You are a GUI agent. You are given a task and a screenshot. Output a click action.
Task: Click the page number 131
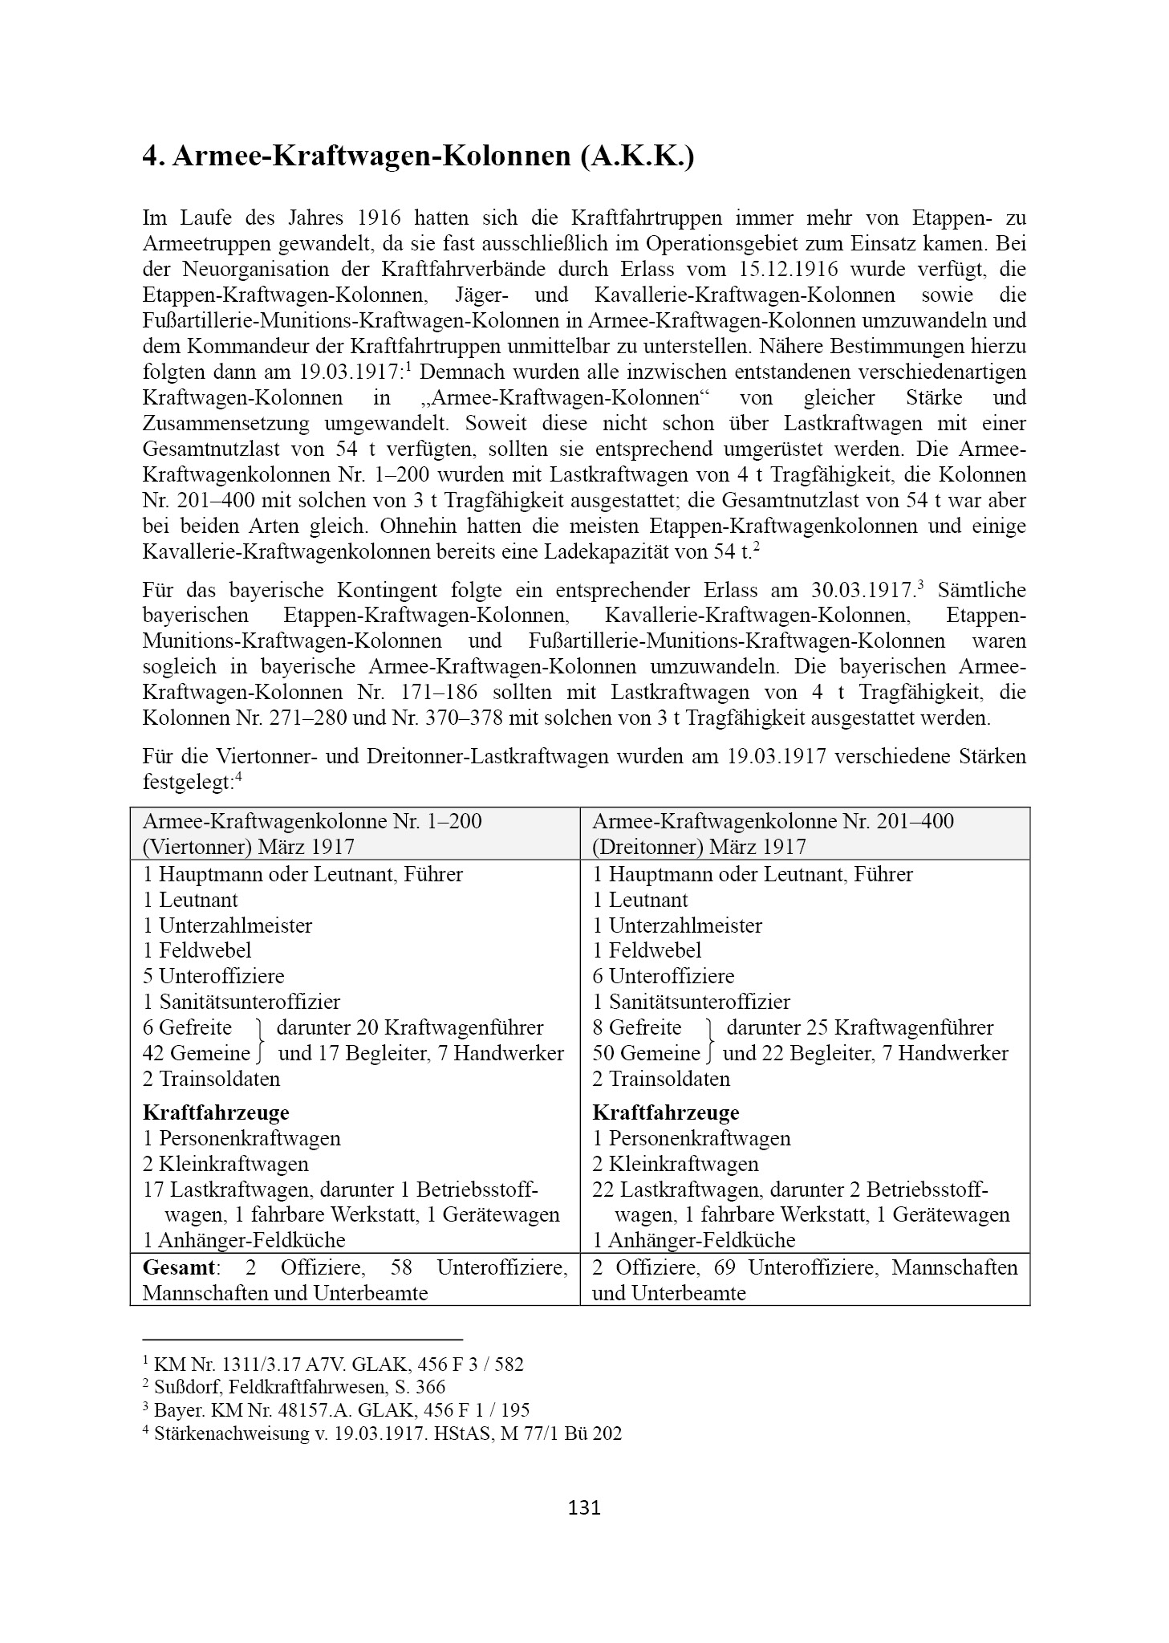583,1507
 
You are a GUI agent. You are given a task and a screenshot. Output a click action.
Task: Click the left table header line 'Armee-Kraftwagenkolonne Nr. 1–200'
312,822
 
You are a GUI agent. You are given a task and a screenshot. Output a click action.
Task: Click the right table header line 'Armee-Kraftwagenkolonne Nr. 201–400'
773,822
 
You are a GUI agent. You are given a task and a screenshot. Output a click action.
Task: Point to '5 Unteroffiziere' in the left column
213,976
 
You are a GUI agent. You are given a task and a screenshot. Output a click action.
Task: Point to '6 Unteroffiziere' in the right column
664,976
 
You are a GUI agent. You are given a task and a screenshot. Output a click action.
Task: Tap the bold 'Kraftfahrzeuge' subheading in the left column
216,1112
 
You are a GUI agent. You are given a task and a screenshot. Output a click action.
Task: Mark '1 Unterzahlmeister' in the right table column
677,925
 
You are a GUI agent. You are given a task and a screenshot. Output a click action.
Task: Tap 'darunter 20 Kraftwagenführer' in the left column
409,1027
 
